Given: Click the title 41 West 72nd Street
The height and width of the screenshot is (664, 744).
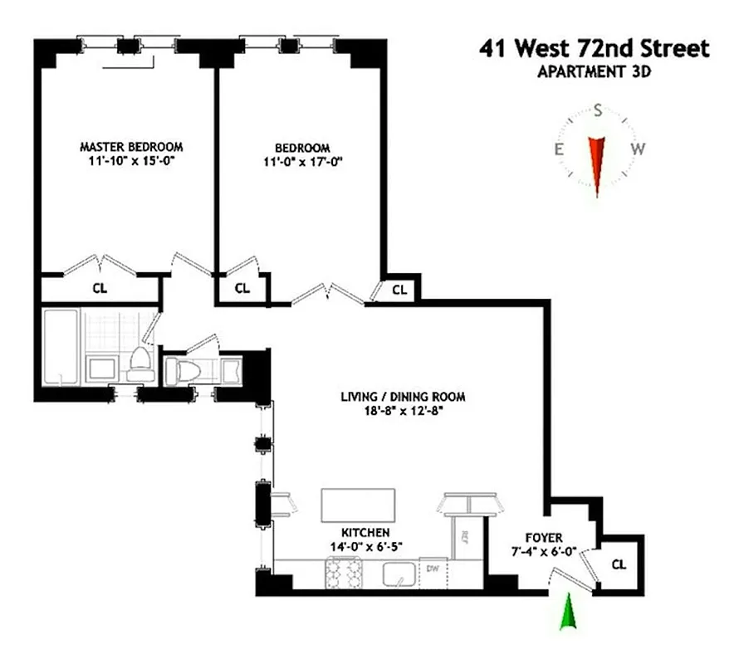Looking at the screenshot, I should point(594,49).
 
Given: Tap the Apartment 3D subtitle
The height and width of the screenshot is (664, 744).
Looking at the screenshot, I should point(594,71).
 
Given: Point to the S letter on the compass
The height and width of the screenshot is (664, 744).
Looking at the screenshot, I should point(597,110).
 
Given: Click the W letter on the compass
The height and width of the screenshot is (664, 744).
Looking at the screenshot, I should point(638,149).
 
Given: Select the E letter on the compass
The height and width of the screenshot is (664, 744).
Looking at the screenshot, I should point(560,149).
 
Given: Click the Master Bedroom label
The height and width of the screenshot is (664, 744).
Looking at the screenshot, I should point(131,146).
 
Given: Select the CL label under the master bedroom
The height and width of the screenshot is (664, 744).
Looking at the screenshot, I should point(99,289).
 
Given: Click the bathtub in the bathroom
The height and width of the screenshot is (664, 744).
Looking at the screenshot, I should point(61,346).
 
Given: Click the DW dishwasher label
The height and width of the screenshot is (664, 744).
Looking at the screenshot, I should point(432,569).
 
